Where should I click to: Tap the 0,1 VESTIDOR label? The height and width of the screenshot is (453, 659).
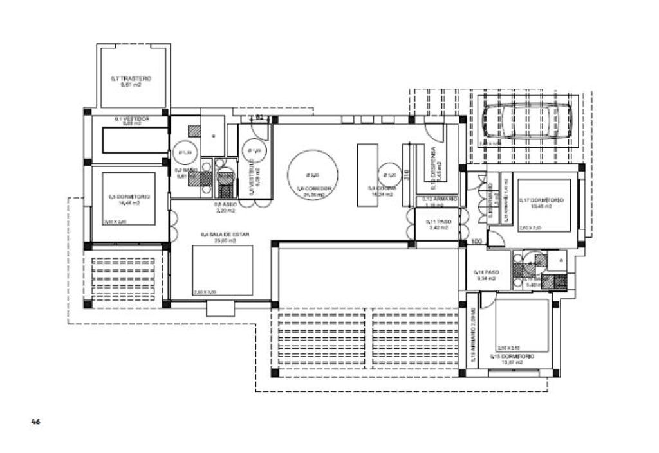pyautogui.click(x=132, y=119)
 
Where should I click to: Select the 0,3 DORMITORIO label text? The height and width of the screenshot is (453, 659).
pyautogui.click(x=129, y=197)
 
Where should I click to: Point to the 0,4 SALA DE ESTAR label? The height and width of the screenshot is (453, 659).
pyautogui.click(x=218, y=235)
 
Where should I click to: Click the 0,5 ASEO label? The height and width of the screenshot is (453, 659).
pyautogui.click(x=225, y=204)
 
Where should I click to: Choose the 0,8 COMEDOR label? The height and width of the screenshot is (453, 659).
pyautogui.click(x=313, y=189)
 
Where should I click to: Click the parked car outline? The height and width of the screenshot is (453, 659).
pyautogui.click(x=523, y=121)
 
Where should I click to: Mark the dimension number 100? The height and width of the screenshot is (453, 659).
pyautogui.click(x=476, y=241)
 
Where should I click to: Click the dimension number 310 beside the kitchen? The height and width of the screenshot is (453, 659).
pyautogui.click(x=407, y=173)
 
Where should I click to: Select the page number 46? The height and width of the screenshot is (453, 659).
pyautogui.click(x=36, y=422)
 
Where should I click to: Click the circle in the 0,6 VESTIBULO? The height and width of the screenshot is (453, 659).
pyautogui.click(x=252, y=152)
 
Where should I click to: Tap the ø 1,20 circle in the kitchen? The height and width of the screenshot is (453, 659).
pyautogui.click(x=389, y=174)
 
